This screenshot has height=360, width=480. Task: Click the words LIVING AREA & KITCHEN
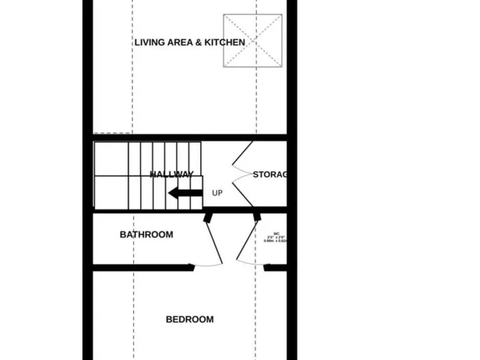coord(189,42)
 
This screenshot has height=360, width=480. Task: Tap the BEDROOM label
coord(189,319)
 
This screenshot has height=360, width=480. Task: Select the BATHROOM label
coord(146,235)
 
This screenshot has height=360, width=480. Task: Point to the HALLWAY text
coord(171,174)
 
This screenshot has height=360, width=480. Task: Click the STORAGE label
coord(269,174)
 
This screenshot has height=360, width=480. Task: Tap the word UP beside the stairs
coord(217,193)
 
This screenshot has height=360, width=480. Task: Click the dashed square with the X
coord(252,41)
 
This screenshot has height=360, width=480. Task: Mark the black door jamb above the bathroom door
coord(207,216)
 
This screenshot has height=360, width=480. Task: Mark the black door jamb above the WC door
coord(256,216)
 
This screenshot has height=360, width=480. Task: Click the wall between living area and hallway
coord(187,137)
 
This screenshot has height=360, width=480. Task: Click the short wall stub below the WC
coord(275,267)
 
